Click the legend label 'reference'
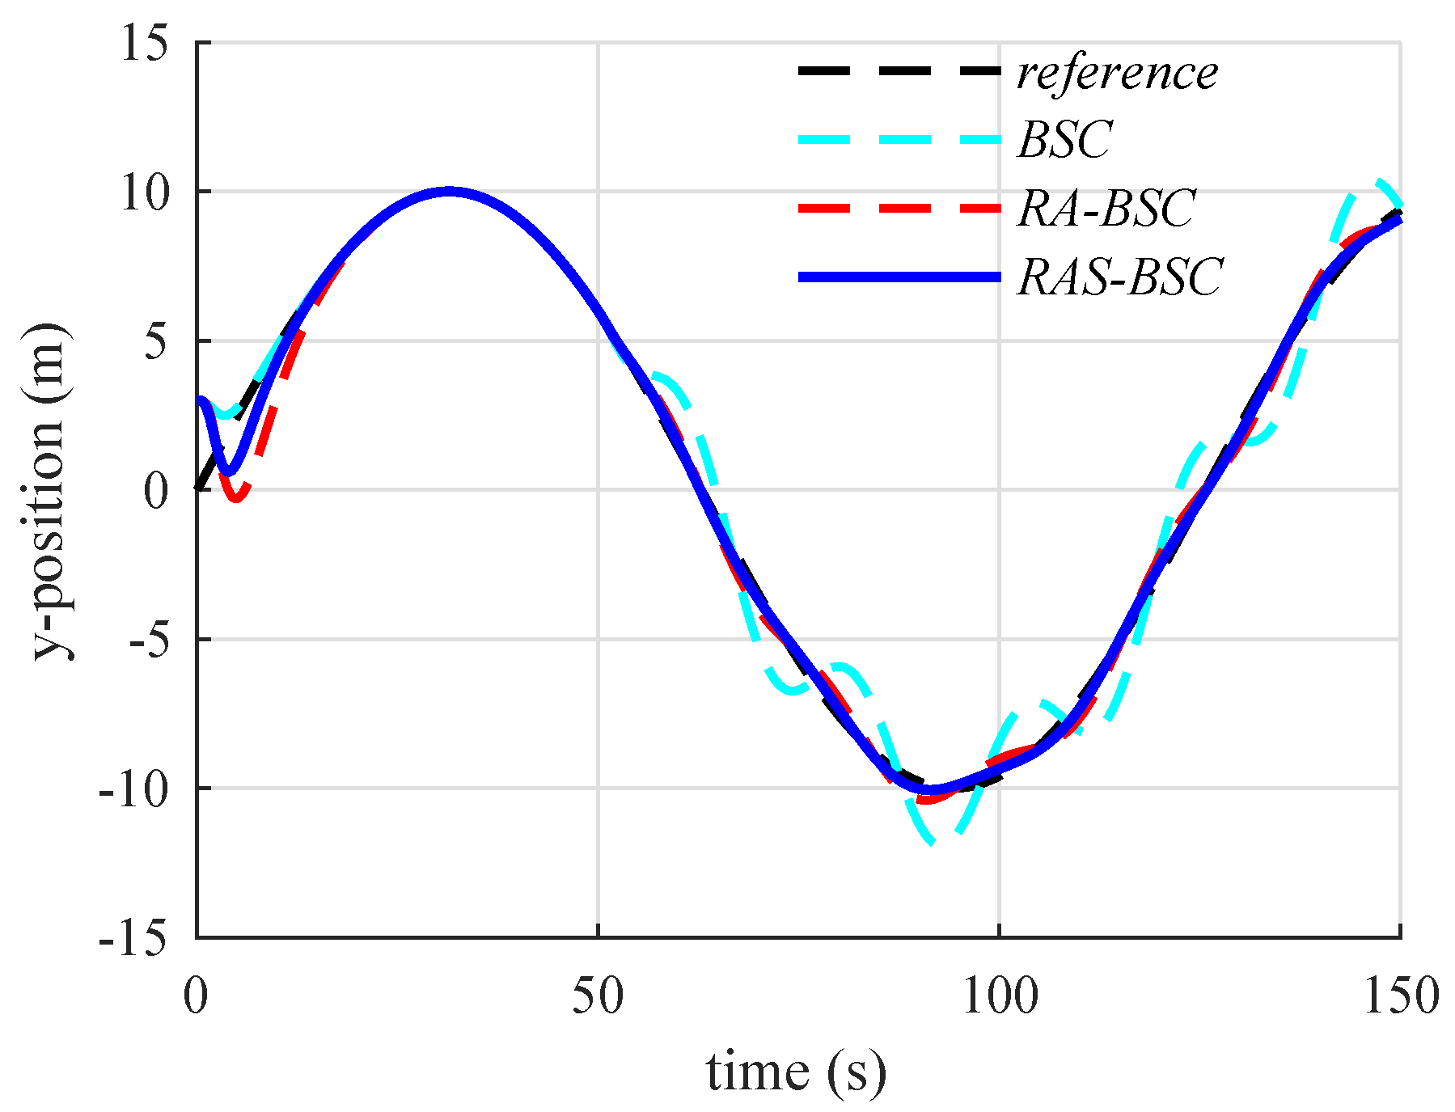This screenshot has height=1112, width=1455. click(x=1117, y=73)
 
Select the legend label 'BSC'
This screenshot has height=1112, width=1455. click(x=1065, y=140)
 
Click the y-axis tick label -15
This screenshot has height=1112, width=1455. click(x=134, y=938)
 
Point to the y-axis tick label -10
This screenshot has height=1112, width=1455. click(x=134, y=789)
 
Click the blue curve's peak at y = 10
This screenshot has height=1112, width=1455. click(x=450, y=192)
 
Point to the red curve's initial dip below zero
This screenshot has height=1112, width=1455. click(x=235, y=498)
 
